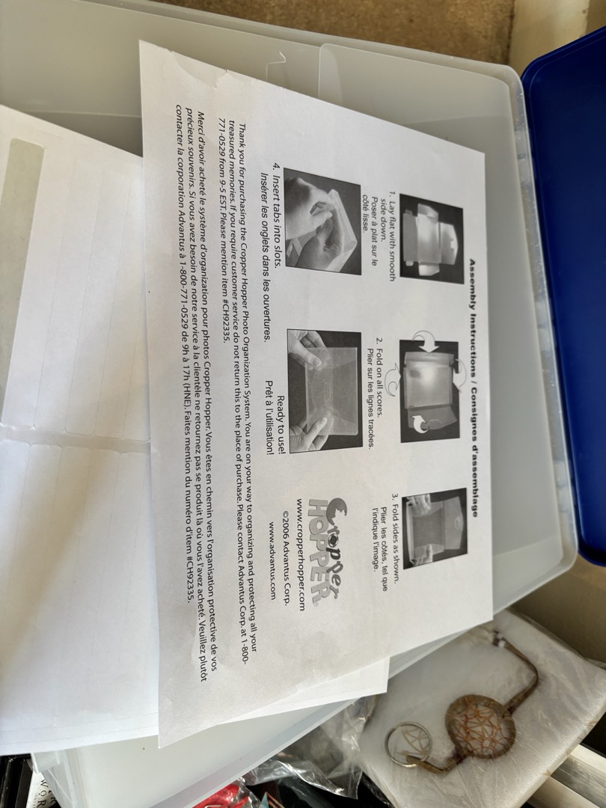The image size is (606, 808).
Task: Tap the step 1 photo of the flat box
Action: coord(432,239)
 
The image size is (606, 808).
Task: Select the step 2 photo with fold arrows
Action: coord(429,390)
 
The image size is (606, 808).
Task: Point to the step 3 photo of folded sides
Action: coord(435,528)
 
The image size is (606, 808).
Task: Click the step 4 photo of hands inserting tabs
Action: coord(322,221)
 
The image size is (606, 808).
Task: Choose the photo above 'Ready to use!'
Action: coord(325,391)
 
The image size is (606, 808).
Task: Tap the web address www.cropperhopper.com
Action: coord(301,554)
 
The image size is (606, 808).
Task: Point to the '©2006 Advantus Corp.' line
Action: coord(287,557)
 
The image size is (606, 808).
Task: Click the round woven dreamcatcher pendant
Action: coord(480,726)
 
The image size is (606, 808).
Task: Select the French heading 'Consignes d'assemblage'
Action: coord(473,447)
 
